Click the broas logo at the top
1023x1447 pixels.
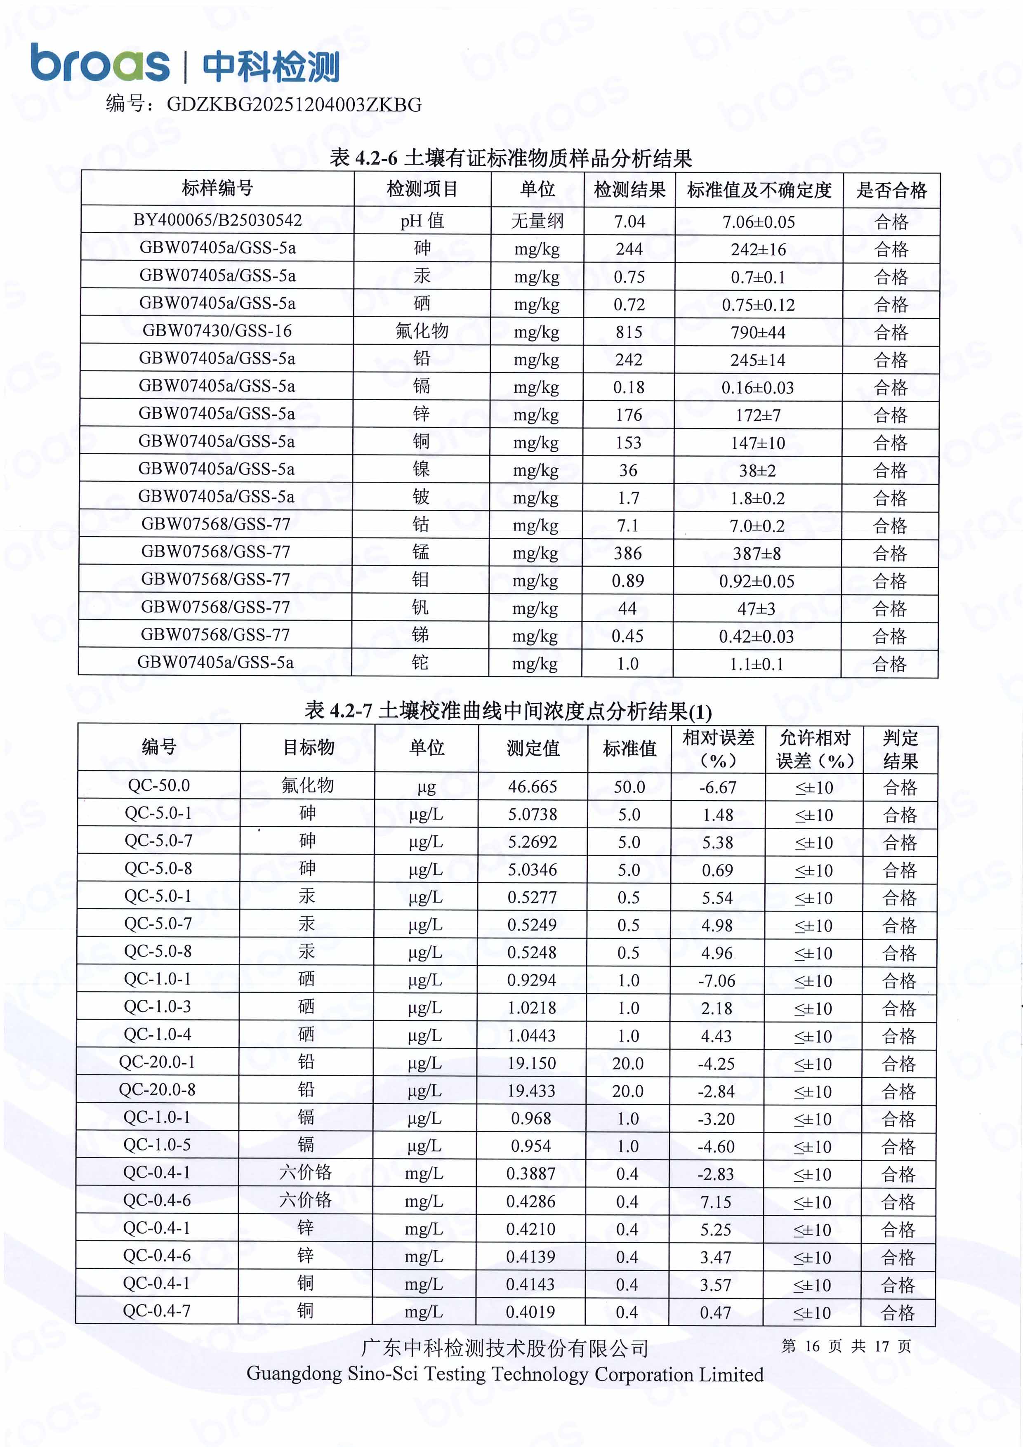(x=99, y=64)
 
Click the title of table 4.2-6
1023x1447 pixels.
(x=511, y=158)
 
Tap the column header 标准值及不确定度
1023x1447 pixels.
(x=759, y=190)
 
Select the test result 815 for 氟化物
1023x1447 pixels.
(x=629, y=332)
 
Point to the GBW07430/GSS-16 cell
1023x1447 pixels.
(x=217, y=330)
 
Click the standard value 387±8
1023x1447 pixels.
(x=757, y=553)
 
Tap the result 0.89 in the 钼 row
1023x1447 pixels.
(x=628, y=580)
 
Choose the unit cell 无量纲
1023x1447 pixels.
(x=537, y=221)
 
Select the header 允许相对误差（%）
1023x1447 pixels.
(x=814, y=749)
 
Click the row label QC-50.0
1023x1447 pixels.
(x=159, y=785)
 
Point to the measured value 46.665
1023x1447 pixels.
(x=533, y=787)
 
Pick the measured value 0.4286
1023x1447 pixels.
(x=531, y=1202)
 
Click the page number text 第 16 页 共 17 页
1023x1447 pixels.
(x=846, y=1347)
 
